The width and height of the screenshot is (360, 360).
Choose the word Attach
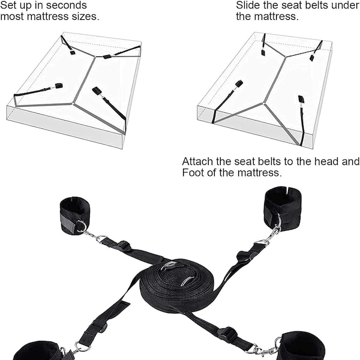tap(197, 161)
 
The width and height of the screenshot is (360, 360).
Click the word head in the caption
tap(329, 161)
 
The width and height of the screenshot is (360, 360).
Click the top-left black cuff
tap(74, 215)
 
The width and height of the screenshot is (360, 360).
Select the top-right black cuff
tap(284, 208)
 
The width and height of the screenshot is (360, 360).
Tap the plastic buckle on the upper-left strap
tap(124, 246)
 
